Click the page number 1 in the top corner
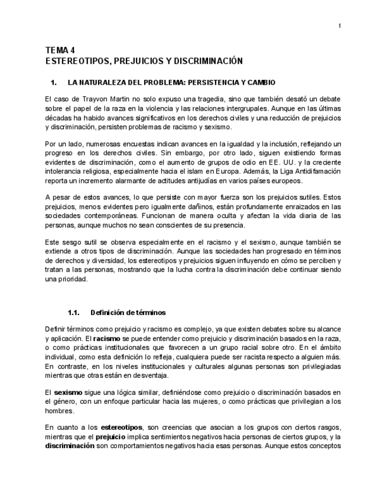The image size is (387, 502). pos(340,25)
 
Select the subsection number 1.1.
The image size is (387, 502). pos(73,312)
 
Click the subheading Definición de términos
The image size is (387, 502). pos(128,312)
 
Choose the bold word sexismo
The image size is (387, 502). pos(68,392)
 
